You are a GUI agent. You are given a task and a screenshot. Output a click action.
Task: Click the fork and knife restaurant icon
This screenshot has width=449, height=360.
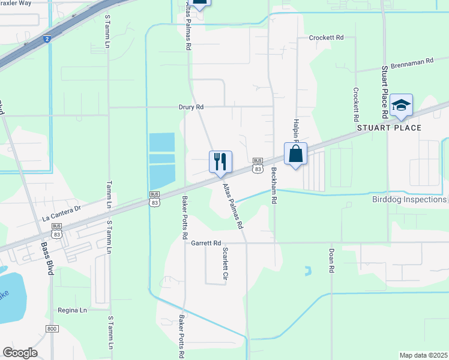(x=220, y=161)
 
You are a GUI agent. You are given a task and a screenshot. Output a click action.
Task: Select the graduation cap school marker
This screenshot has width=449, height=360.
(x=400, y=106)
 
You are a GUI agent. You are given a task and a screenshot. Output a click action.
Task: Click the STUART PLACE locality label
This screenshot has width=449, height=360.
(x=390, y=128)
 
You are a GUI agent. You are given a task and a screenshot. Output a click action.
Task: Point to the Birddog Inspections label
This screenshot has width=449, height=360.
(x=409, y=199)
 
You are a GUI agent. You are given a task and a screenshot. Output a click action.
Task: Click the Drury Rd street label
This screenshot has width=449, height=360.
(x=191, y=107)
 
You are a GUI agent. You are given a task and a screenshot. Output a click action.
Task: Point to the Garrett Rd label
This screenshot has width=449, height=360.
(x=206, y=243)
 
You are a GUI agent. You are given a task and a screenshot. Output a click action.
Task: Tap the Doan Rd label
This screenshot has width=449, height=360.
(x=331, y=261)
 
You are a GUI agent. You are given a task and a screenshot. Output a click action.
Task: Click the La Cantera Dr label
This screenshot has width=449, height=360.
(x=61, y=213)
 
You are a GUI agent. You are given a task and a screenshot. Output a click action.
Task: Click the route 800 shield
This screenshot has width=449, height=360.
(x=52, y=328)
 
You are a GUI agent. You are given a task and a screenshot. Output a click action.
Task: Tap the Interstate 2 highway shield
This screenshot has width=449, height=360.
(x=47, y=39)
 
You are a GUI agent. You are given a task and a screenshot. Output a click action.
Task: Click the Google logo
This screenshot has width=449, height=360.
(x=20, y=353)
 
